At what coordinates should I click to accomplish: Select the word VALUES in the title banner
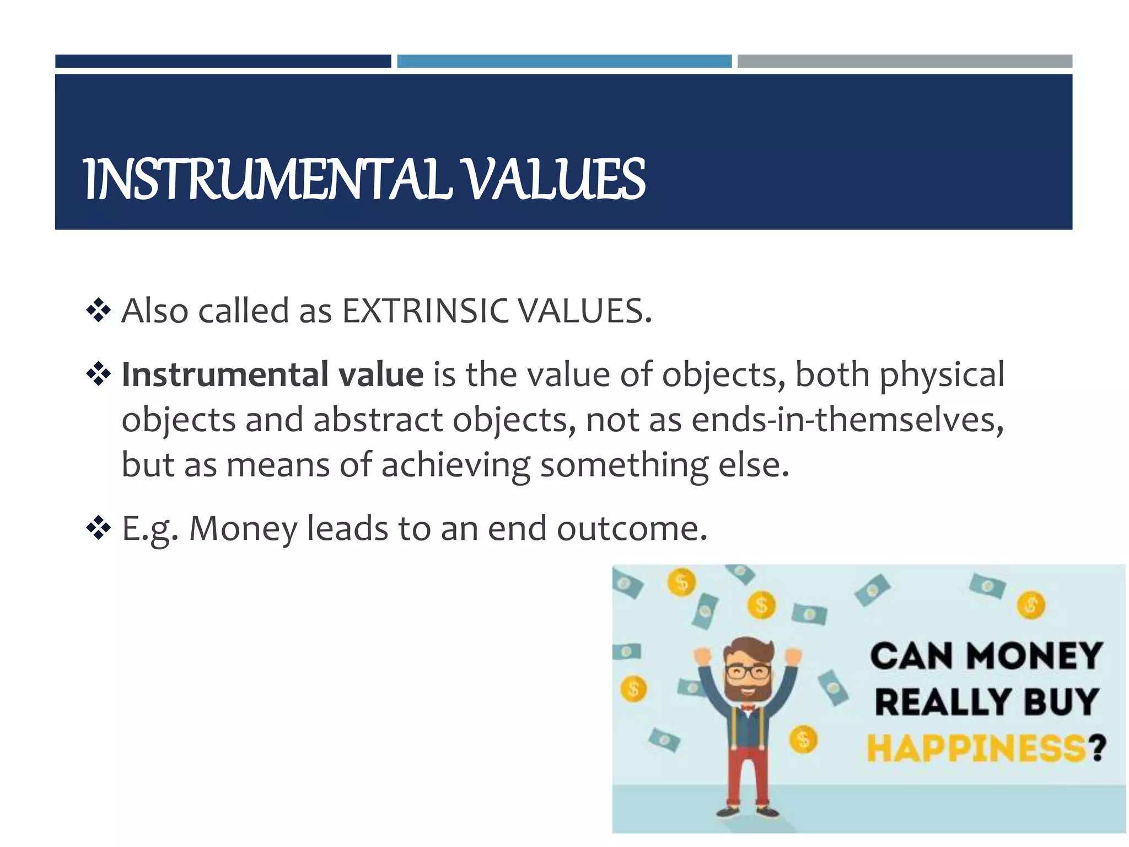(554, 179)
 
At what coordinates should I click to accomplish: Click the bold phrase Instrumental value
(272, 374)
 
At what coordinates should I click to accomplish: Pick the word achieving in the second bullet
(455, 465)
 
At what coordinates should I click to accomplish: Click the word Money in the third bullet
(243, 529)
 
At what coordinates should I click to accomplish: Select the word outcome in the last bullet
(632, 529)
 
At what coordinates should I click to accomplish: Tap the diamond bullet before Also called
(99, 310)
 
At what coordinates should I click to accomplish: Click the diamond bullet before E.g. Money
(99, 529)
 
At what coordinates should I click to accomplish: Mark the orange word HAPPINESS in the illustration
(976, 748)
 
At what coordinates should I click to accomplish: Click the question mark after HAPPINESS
(1097, 748)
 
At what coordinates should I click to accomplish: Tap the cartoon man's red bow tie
(748, 707)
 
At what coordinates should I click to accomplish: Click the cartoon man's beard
(748, 690)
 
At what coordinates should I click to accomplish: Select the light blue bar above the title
(564, 61)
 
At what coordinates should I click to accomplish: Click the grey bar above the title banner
(905, 61)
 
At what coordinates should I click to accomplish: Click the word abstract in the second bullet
(378, 420)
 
